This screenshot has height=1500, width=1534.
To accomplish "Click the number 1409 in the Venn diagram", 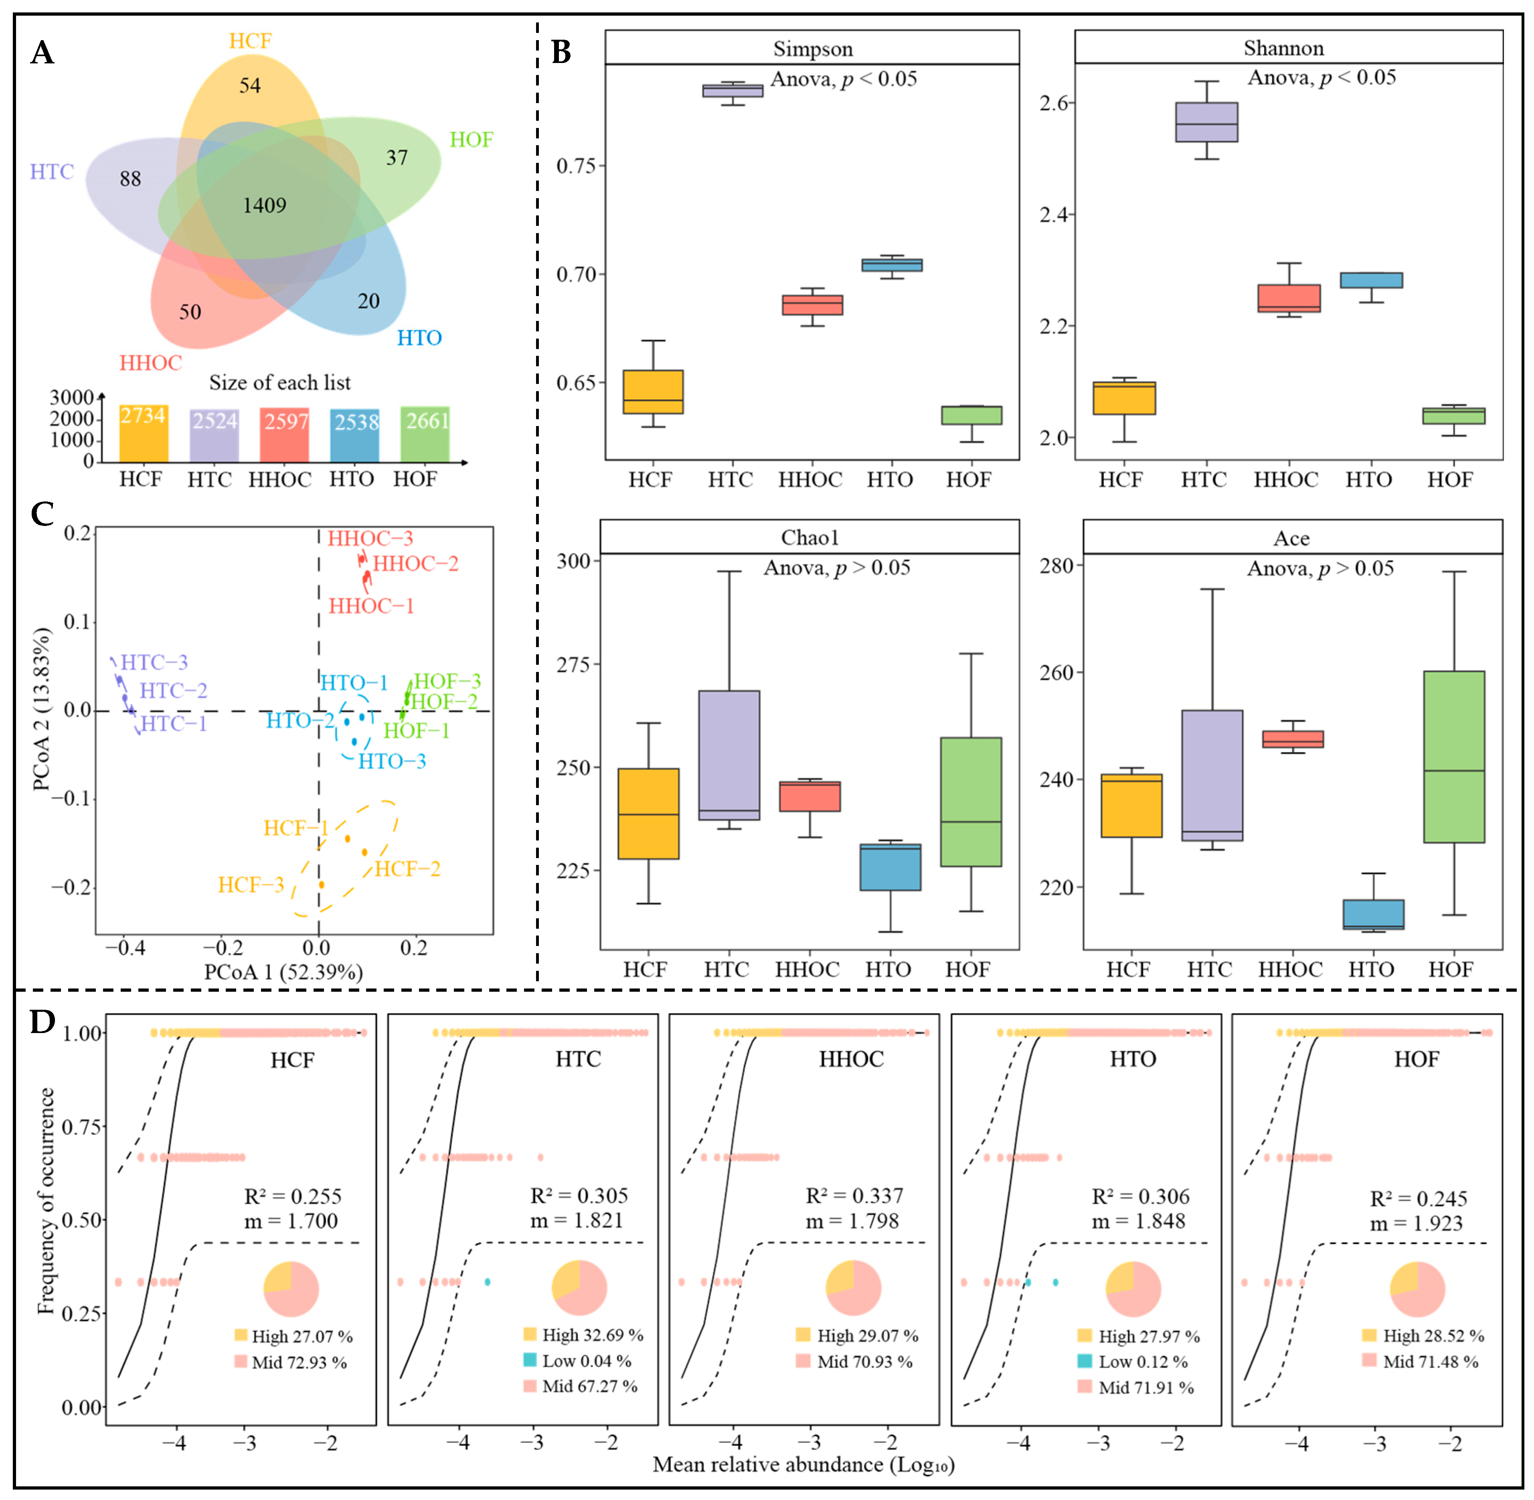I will coord(265,206).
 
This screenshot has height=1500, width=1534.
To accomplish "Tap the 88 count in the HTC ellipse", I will coord(130,179).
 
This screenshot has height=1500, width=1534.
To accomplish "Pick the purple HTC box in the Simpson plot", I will coord(733,91).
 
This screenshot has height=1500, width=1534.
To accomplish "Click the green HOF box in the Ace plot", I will coord(1454,756).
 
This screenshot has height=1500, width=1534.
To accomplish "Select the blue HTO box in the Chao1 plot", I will coord(890,867).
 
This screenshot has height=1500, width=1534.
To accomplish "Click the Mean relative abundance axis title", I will coord(803,1465).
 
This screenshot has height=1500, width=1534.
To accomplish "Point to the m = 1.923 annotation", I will coord(1416,1224).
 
